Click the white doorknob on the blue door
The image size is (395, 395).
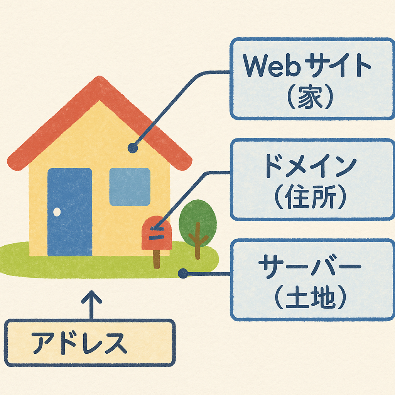57,212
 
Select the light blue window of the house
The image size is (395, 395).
130,187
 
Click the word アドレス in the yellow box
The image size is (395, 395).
79,343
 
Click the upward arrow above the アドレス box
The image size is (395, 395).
91,305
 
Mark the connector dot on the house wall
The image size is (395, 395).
133,148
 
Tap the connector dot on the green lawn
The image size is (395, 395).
183,274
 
